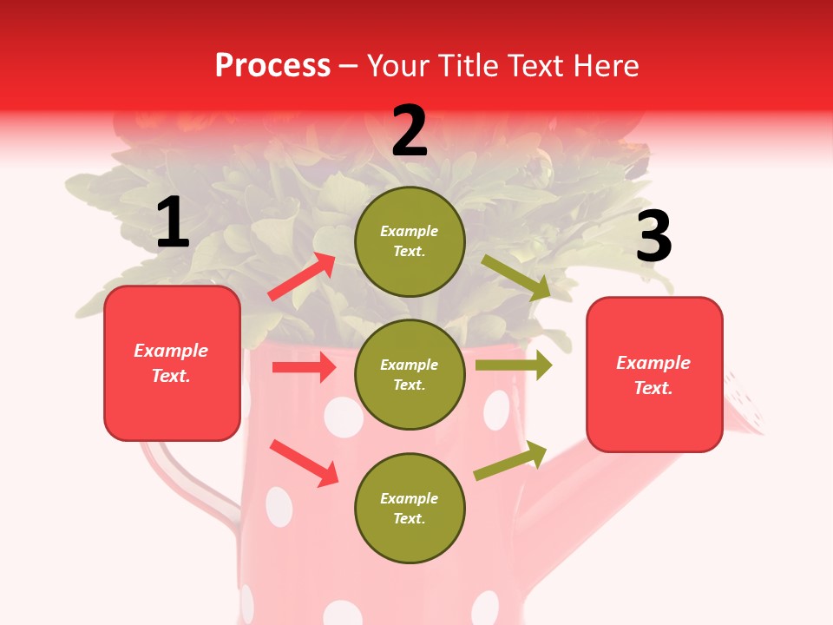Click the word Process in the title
[272, 65]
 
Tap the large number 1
[173, 223]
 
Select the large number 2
[410, 131]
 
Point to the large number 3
[653, 237]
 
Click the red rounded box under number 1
[172, 363]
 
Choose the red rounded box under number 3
[654, 374]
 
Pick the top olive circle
[410, 241]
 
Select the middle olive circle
[410, 374]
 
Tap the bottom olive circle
[410, 508]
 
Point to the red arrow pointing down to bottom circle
[304, 462]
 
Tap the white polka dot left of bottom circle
[279, 506]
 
